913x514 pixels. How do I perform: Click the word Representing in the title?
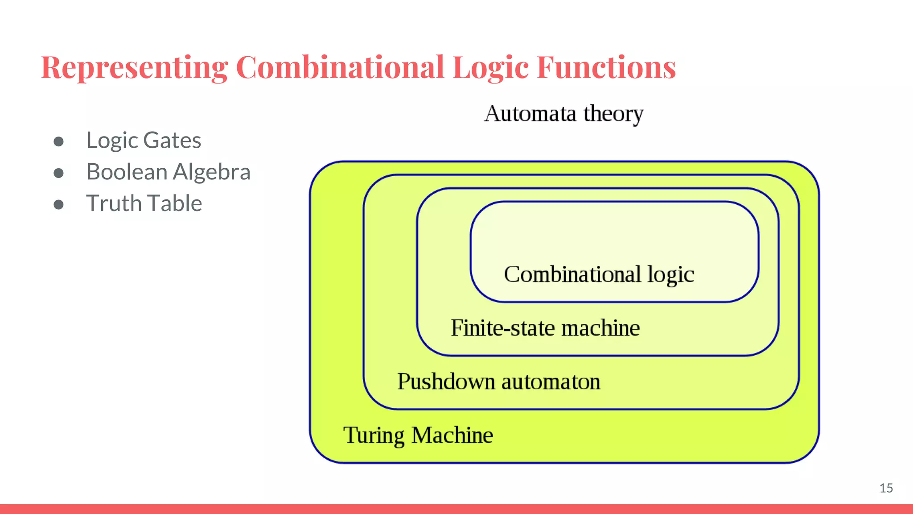134,68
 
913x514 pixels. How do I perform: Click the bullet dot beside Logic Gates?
58,141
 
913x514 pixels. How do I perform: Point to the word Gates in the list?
172,141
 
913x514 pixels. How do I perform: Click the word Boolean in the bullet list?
127,172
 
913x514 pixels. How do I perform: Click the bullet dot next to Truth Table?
58,204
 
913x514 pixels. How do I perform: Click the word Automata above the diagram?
530,113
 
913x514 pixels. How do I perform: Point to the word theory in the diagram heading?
613,114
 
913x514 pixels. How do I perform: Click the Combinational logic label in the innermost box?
599,274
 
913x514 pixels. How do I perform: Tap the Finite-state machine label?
545,328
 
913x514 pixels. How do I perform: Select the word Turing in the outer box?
374,435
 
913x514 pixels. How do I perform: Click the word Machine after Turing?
452,435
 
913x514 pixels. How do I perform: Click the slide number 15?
886,488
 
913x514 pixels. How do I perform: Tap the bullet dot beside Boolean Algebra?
58,173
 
